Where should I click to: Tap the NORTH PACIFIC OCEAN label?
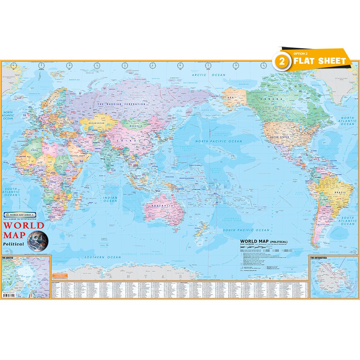[219, 141]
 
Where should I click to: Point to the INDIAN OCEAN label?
[110, 199]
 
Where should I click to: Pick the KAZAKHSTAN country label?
[94, 123]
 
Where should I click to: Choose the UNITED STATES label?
[279, 137]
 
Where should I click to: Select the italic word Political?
[14, 244]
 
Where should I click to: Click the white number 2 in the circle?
[283, 62]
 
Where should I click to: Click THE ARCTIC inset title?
[8, 258]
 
